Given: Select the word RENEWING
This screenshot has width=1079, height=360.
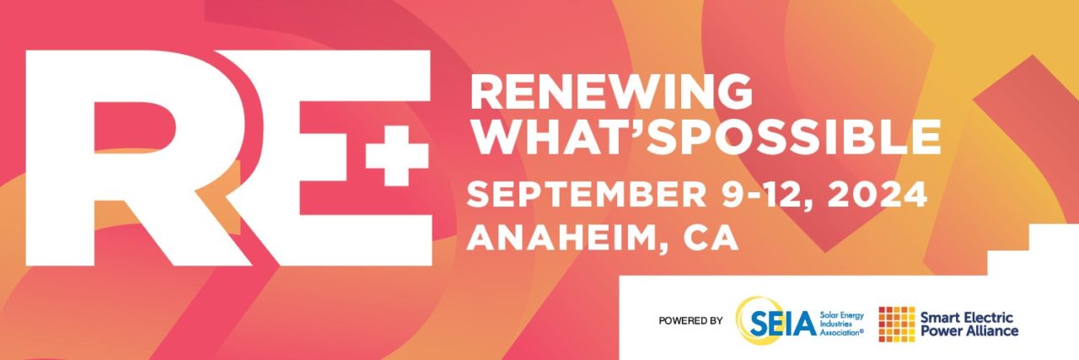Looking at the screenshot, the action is [611, 92].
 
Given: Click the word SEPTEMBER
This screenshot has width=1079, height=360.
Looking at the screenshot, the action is [586, 194].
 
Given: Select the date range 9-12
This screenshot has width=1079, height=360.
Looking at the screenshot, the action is [768, 194].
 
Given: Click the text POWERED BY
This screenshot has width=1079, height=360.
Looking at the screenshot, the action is [690, 320].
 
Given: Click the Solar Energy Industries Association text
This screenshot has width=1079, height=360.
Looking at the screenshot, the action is [842, 324].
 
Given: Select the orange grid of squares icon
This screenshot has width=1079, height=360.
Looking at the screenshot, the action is [897, 324].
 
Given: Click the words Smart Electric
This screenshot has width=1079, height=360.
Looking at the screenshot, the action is [967, 318].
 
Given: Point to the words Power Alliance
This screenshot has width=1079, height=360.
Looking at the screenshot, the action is [969, 331].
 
